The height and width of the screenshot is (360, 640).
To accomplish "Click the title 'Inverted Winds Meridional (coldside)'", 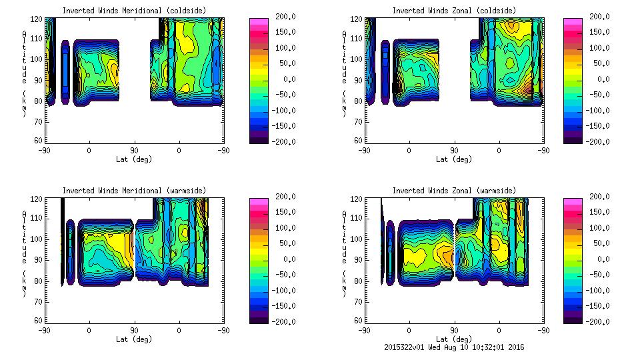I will coord(134,11).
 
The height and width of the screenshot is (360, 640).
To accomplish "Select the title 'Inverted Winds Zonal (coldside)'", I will coord(454,11).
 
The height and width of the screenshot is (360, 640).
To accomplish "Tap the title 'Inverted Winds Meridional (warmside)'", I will coord(134,191).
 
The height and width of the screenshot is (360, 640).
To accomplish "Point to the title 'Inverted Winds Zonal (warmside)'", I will coord(454,191).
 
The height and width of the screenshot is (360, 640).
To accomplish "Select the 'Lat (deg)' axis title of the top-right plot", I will coord(454,159).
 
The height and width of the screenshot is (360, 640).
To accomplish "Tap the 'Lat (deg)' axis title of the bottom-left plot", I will coord(134,339).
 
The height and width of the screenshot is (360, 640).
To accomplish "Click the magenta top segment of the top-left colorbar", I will coord(259,21).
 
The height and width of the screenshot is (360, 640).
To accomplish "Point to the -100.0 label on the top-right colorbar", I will coord(597,111).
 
